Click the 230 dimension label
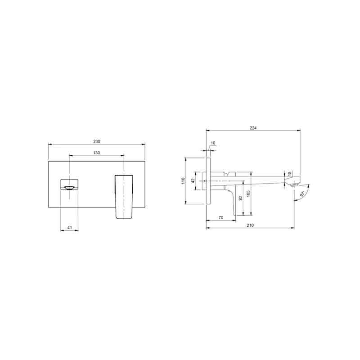click(97, 142)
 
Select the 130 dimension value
click(97, 153)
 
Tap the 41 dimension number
click(70, 228)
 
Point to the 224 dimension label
click(253, 128)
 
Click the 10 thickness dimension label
click(213, 143)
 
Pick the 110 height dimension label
click(183, 180)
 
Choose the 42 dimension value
click(193, 181)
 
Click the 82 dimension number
click(240, 198)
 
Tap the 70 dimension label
click(221, 218)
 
